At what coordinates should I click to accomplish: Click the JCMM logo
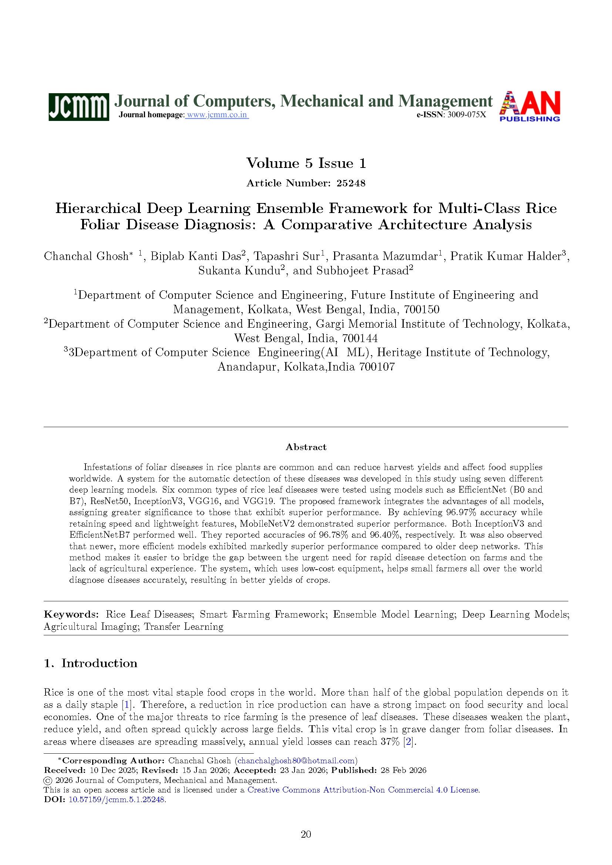point(79,107)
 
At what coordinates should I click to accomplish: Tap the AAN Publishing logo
point(529,106)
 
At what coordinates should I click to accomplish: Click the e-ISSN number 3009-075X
point(467,115)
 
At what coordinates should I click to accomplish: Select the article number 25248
point(351,183)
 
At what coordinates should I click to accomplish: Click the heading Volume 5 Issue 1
point(306,163)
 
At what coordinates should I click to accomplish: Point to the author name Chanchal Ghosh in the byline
point(86,256)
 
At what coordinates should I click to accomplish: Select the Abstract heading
point(306,447)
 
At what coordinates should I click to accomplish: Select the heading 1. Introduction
point(90,663)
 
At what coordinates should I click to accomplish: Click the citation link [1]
point(127,705)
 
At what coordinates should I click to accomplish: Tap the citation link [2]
point(408,742)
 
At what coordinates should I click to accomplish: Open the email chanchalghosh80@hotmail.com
point(296,761)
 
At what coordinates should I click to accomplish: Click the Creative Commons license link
point(363,790)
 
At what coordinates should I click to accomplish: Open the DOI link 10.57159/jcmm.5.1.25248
point(117,800)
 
